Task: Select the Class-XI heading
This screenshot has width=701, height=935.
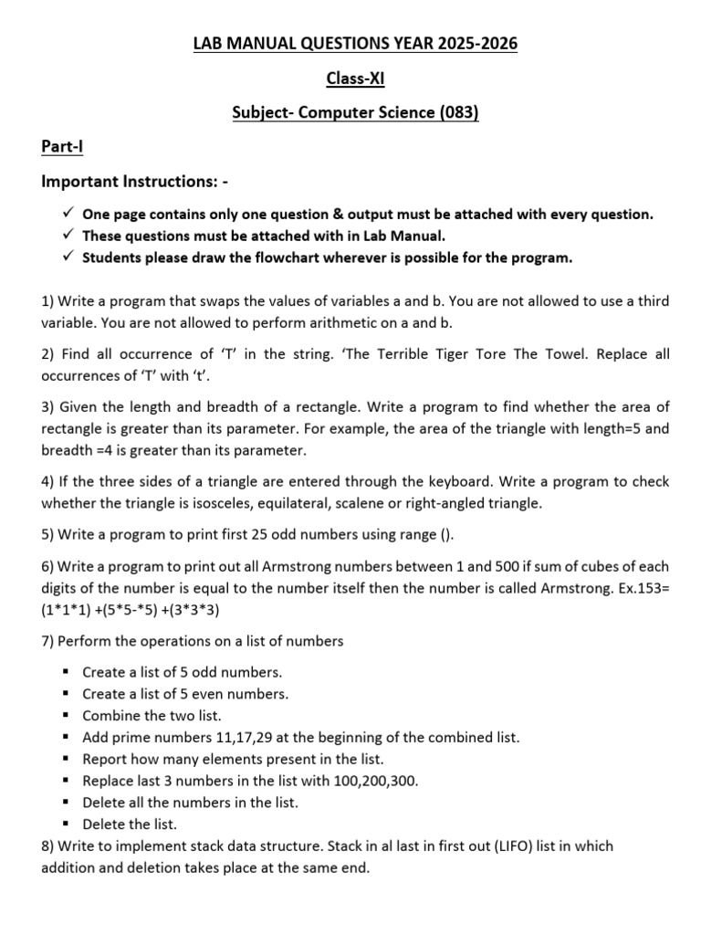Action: (352, 79)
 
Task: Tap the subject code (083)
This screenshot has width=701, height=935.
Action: (459, 113)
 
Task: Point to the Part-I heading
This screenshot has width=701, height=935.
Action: (62, 147)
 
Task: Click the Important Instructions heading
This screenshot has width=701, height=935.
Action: (134, 182)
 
